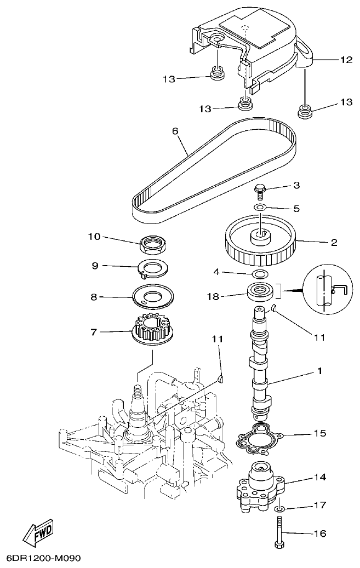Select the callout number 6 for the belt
pos(175,132)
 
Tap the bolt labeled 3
pos(260,192)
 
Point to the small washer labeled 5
pos(260,208)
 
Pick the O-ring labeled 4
pos(260,273)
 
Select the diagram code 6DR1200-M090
pos(43,559)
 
